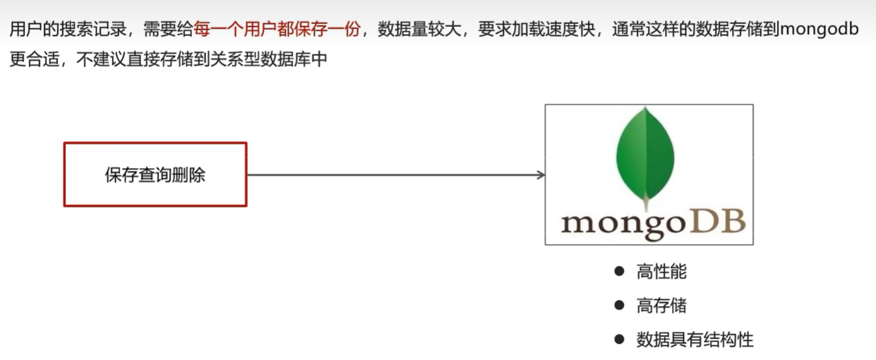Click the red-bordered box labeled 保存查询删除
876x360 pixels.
155,174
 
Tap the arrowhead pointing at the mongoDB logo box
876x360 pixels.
540,175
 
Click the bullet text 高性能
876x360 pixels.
661,272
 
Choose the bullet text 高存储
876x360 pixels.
661,306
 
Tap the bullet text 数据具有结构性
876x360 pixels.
695,340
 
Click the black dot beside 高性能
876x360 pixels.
620,271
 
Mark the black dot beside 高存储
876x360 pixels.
620,305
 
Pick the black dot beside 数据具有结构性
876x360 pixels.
620,339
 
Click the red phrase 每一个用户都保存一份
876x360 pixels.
277,30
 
